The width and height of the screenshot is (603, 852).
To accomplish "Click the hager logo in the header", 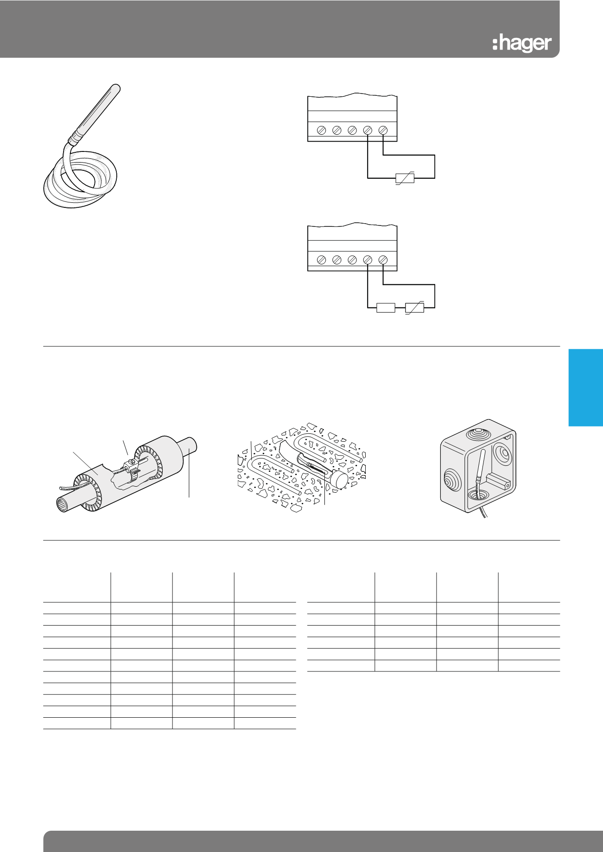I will tap(522, 44).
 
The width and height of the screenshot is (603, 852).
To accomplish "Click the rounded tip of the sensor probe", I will tap(116, 87).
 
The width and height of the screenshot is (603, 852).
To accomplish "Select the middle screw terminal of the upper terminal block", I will tap(352, 131).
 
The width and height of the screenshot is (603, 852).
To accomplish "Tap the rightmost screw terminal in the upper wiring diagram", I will tap(383, 131).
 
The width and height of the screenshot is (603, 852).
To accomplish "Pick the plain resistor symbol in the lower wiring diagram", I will tap(386, 307).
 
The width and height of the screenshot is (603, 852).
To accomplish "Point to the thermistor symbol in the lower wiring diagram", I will tap(414, 307).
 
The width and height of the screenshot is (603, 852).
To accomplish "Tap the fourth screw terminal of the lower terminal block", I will tap(368, 260).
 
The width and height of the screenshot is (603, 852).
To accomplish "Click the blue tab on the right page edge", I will tap(586, 388).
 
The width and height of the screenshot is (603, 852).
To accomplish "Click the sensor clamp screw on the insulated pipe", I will tap(131, 462).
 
